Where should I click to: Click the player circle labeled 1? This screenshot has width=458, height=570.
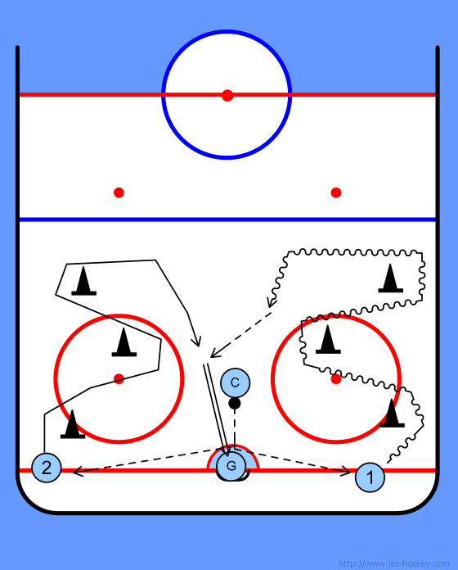[x=370, y=477]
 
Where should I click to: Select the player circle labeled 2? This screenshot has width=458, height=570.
[x=47, y=468]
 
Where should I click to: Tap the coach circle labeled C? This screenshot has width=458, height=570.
[x=236, y=382]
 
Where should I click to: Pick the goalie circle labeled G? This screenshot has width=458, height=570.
[x=231, y=466]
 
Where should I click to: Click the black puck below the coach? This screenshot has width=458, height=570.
[x=235, y=403]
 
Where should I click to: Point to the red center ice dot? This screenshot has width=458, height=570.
[x=227, y=95]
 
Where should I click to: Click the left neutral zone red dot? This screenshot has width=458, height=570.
[x=119, y=192]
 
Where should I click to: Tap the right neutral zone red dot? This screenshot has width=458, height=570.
[x=336, y=192]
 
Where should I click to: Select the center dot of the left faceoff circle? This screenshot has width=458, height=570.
[x=119, y=379]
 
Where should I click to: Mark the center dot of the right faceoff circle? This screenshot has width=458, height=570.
[x=336, y=379]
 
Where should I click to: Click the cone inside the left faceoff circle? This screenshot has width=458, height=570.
[x=124, y=342]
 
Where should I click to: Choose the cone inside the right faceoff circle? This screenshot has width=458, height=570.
[x=328, y=340]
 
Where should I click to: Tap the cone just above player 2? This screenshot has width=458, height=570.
[x=73, y=424]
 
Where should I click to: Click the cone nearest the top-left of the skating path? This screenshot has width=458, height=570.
[x=84, y=281]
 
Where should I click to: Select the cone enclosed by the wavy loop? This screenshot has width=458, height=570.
[x=390, y=278]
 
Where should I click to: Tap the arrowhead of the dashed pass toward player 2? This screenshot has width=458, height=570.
[x=76, y=472]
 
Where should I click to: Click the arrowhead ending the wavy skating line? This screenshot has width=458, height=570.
[x=271, y=304]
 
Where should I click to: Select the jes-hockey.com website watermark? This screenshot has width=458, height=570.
[x=393, y=563]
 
